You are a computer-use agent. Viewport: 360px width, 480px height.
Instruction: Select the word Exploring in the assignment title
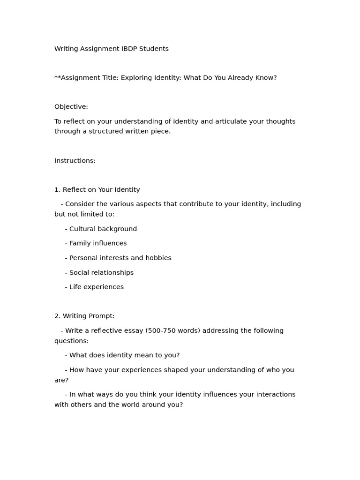[x=136, y=78]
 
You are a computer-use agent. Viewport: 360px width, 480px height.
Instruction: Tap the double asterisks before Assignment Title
[x=58, y=77]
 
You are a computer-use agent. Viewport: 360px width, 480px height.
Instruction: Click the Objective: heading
[x=71, y=107]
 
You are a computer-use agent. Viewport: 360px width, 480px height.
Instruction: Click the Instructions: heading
[x=75, y=161]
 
